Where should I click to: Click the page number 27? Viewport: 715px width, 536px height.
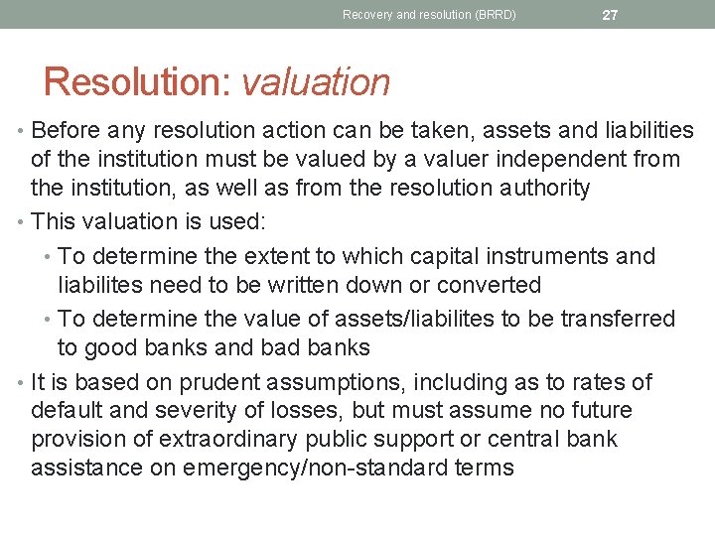[611, 15]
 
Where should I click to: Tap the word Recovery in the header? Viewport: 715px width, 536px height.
[367, 15]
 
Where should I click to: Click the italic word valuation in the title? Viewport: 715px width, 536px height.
[316, 82]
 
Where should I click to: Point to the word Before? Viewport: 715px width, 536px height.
[72, 131]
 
